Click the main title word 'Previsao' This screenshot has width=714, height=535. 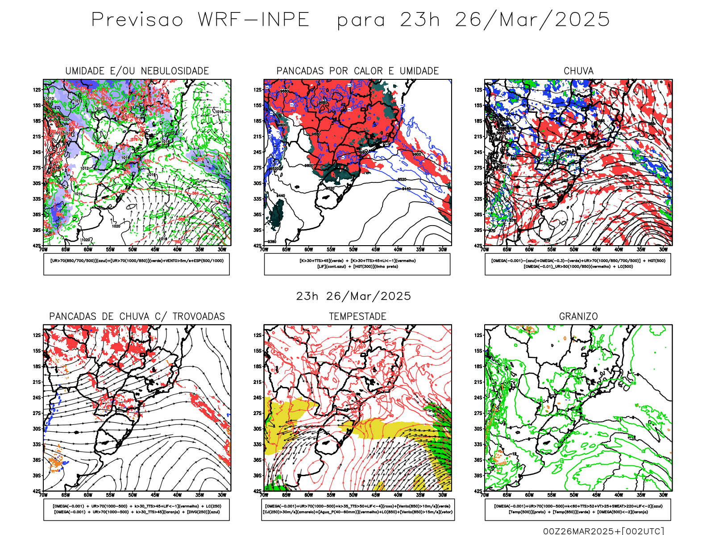(137, 20)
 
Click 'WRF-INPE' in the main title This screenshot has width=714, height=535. (253, 20)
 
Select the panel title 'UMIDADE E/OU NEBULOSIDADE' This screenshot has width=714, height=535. (137, 71)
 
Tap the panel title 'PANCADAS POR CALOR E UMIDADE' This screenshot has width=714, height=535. (357, 71)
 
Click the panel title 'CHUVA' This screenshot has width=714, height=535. (578, 71)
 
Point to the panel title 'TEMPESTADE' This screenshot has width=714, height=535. (357, 317)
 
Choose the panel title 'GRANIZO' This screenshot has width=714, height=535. (578, 317)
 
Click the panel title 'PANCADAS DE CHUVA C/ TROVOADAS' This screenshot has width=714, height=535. (137, 317)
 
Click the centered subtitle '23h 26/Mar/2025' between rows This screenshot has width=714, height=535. (353, 296)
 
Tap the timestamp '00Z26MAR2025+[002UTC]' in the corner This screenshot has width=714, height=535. (603, 531)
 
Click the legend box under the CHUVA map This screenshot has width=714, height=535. (578, 264)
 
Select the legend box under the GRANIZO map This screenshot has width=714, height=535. (578, 509)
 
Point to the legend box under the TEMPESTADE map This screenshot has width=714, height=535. (358, 509)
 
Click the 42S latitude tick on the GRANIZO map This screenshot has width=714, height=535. (478, 491)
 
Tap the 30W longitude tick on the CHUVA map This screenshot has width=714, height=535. (663, 250)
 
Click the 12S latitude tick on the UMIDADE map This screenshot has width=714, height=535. (37, 90)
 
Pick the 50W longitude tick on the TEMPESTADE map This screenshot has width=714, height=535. (353, 495)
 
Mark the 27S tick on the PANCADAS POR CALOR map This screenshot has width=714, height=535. (257, 168)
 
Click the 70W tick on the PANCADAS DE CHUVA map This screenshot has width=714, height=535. (43, 495)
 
